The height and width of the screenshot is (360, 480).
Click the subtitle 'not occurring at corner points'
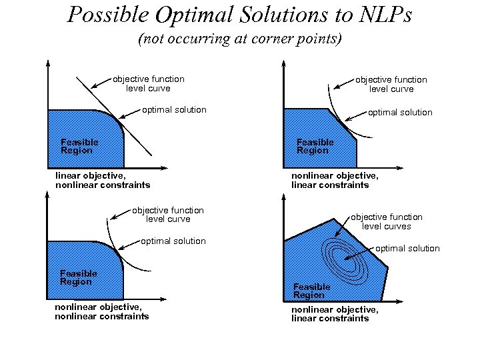point(239,39)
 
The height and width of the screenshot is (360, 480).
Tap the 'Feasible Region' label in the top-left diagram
point(79,146)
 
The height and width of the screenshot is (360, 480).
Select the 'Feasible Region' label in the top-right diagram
point(315,146)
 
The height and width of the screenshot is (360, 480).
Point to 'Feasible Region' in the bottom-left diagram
point(79,277)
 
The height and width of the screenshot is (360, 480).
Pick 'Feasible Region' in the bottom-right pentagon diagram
point(311,291)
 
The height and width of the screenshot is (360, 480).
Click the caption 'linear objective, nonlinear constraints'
point(102,180)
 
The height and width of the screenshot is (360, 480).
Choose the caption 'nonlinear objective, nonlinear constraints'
point(101,311)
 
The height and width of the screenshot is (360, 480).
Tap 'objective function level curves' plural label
point(387,221)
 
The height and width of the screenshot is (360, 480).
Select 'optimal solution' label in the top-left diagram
point(174,109)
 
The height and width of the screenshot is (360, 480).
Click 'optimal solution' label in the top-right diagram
point(400,113)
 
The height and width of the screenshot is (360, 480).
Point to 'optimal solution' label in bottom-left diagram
point(173,241)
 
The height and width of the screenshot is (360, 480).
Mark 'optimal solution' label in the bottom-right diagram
point(407,249)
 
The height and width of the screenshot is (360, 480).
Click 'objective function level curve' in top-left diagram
point(149,83)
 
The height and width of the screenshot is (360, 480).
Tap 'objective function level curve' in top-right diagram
point(391,84)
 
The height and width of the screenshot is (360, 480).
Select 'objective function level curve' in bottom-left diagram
point(168,215)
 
